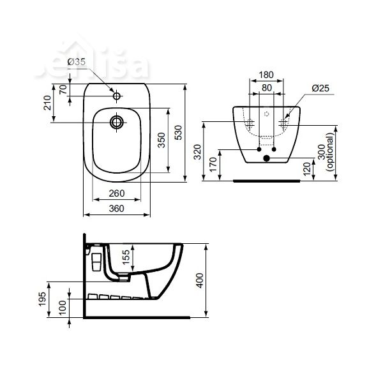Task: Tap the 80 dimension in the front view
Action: (x=267, y=87)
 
